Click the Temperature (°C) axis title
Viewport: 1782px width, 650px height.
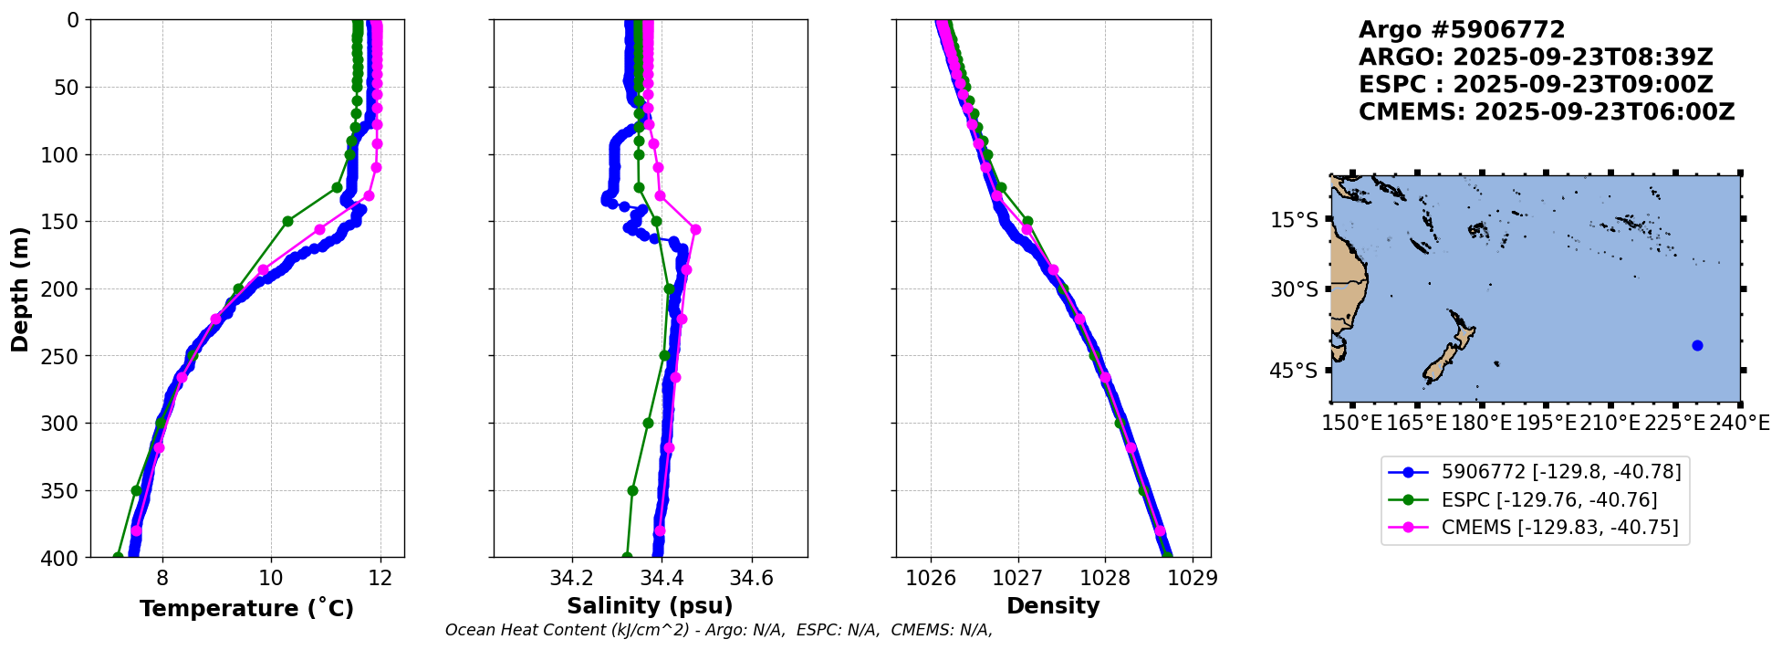[x=246, y=609]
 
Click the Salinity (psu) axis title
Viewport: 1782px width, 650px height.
[x=650, y=606]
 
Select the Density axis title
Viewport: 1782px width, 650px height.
[x=1052, y=606]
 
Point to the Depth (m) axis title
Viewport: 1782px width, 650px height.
[x=20, y=288]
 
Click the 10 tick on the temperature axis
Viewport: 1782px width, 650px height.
[x=271, y=578]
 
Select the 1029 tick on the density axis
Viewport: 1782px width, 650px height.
[x=1192, y=578]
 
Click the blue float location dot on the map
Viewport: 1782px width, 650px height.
[x=1697, y=345]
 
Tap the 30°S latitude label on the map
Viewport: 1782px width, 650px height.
[x=1294, y=289]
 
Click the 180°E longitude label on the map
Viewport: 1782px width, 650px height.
[x=1482, y=424]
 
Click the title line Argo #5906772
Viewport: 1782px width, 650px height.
[x=1462, y=30]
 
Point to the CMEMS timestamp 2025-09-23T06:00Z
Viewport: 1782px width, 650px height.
[x=1604, y=112]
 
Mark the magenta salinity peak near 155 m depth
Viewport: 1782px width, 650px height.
[x=695, y=229]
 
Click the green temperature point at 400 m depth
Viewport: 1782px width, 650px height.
[x=118, y=556]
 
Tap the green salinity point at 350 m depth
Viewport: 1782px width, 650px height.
[x=632, y=490]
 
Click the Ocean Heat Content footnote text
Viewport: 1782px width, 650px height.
[x=718, y=630]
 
